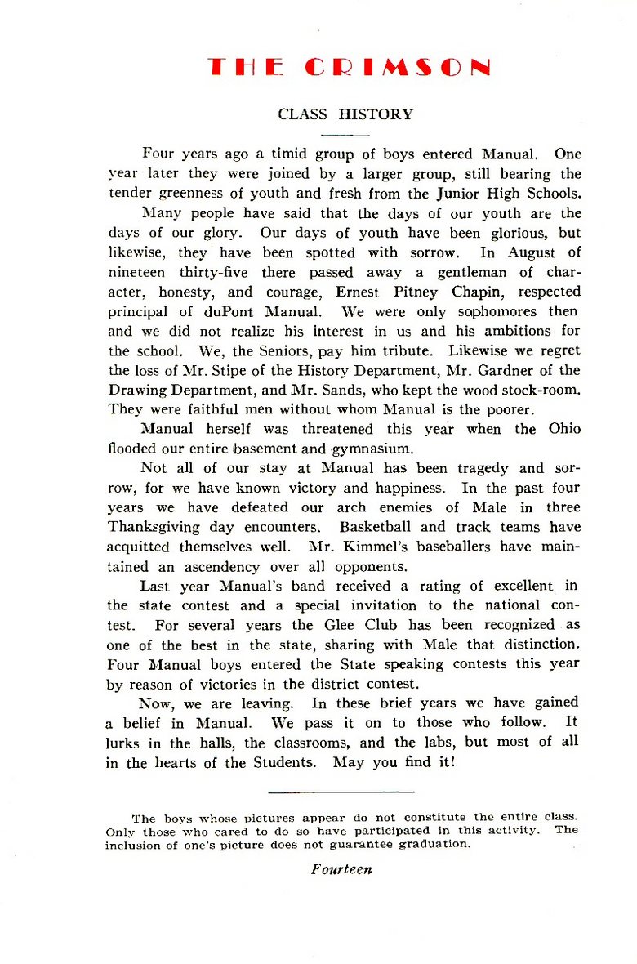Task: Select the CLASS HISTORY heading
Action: (345, 114)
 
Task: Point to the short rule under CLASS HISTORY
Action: (345, 134)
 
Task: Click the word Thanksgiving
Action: (158, 527)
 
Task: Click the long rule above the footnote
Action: (341, 791)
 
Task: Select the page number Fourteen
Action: (341, 869)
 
